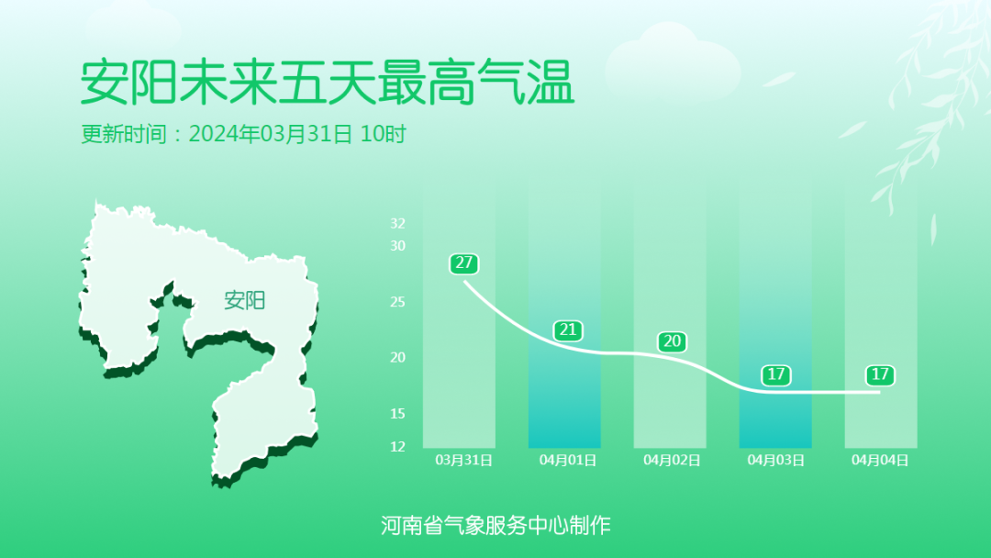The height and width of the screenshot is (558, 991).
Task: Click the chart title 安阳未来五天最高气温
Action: coord(327,84)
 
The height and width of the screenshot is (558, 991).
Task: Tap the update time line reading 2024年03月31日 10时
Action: coord(243,134)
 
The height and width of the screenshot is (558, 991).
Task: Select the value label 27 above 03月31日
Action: coord(463,263)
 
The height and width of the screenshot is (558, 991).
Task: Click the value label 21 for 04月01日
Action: coord(569,330)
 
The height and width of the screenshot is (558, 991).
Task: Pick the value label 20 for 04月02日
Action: coord(673,342)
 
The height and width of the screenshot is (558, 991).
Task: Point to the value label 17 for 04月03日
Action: coord(776,374)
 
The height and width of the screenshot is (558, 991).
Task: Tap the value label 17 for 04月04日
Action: coord(880,374)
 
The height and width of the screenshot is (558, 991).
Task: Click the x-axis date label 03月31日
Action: coord(463,460)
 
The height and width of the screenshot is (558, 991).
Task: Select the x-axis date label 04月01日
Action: coord(568,460)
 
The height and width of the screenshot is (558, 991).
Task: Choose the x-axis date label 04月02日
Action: coord(673,460)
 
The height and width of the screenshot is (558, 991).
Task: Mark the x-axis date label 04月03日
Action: coord(776,460)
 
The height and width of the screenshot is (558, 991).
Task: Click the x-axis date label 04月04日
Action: coord(880,460)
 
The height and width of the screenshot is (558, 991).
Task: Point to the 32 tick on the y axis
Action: coord(397,223)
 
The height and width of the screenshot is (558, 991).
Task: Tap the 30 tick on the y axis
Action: coord(397,245)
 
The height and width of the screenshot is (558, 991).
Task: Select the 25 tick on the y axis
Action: coord(397,302)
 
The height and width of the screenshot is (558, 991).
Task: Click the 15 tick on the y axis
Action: coord(397,414)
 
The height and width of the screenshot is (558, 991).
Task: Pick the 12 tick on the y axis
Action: coord(397,447)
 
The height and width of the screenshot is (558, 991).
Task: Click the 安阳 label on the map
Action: coord(244,300)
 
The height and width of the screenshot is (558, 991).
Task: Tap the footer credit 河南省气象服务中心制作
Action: coord(495,525)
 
